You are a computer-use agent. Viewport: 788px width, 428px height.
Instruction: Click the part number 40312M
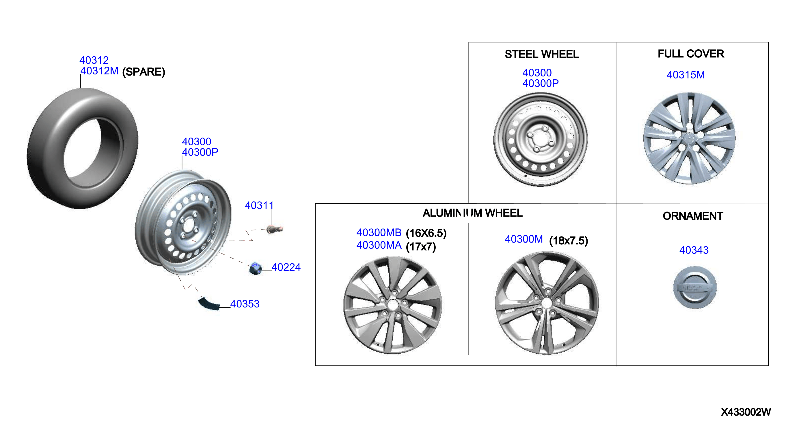pos(99,71)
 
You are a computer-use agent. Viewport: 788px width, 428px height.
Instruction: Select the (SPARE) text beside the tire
pos(144,72)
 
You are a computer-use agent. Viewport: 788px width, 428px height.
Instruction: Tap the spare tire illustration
pos(83,148)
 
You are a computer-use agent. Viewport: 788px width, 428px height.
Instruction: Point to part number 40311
pos(259,205)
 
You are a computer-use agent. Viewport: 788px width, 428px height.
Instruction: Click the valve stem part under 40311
pos(274,229)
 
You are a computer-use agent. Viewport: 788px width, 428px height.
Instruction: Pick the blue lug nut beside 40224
pos(255,268)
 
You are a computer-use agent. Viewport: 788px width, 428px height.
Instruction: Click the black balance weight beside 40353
pos(209,303)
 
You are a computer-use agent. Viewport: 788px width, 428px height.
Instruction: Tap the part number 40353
pos(245,304)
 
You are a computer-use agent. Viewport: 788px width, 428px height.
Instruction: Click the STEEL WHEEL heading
pos(542,55)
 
